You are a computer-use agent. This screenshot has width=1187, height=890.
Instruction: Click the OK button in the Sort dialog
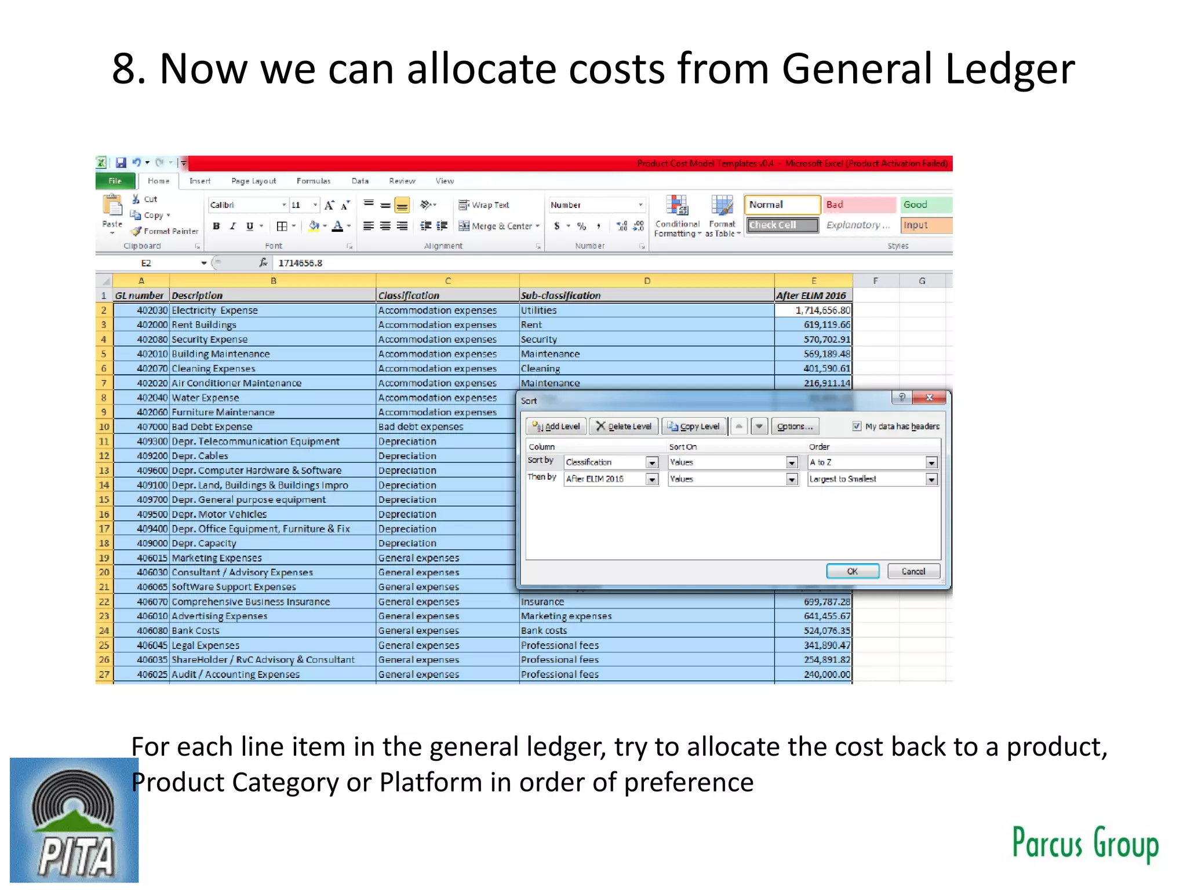click(x=852, y=571)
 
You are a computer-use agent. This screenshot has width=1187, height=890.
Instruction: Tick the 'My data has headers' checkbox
click(x=857, y=426)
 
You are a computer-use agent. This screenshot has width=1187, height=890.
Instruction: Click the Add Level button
click(x=556, y=426)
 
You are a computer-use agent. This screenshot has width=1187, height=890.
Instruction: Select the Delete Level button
click(x=624, y=426)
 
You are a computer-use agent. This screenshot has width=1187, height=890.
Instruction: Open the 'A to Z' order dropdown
click(x=931, y=462)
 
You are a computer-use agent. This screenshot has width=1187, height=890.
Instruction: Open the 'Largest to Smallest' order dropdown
click(x=931, y=479)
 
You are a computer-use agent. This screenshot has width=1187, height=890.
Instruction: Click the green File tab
click(x=115, y=181)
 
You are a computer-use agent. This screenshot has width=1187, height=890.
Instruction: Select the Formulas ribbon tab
click(x=313, y=181)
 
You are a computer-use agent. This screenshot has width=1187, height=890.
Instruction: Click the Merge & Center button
click(x=499, y=226)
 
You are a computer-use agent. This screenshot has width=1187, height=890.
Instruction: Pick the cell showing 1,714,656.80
click(x=813, y=311)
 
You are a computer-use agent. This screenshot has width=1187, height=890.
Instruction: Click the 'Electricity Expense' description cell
click(x=272, y=311)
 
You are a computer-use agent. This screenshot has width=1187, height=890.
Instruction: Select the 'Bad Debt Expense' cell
click(x=272, y=427)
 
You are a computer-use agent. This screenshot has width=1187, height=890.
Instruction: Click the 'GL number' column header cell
click(x=140, y=296)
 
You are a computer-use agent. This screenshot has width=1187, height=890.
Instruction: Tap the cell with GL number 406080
click(x=140, y=630)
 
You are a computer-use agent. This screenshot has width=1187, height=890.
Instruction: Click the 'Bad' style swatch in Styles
click(x=860, y=205)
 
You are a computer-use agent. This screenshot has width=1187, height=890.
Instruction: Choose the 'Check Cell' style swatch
click(x=781, y=225)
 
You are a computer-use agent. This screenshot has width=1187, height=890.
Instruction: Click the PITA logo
click(x=74, y=820)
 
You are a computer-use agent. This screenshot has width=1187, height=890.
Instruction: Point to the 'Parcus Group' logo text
click(x=1084, y=843)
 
